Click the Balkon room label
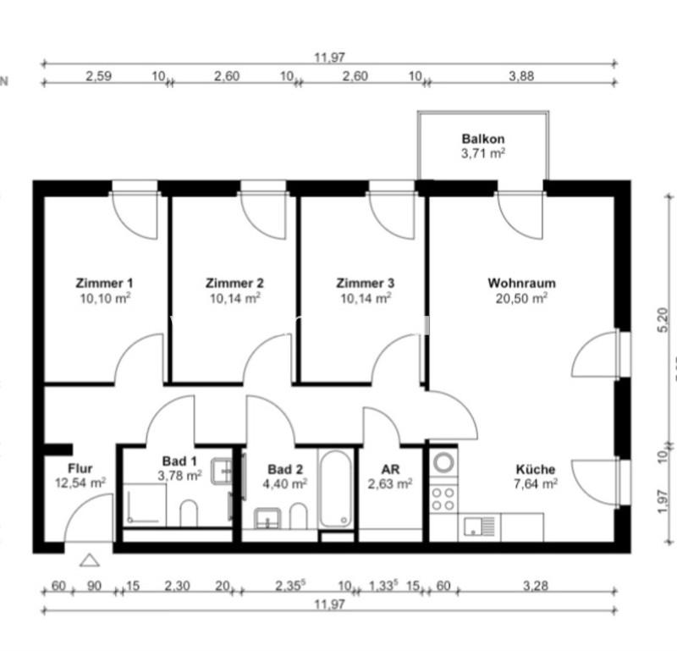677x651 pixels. pyautogui.click(x=483, y=139)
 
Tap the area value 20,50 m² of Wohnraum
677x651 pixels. pyautogui.click(x=521, y=298)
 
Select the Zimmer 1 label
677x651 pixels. pyautogui.click(x=104, y=284)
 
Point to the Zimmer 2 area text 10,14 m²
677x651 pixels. pyautogui.click(x=234, y=298)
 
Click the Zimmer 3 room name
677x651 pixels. pyautogui.click(x=365, y=284)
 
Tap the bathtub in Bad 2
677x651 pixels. pyautogui.click(x=337, y=488)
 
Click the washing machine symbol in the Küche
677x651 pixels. pyautogui.click(x=443, y=463)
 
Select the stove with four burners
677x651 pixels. pyautogui.click(x=443, y=498)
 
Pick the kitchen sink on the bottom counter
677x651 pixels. pyautogui.click(x=481, y=527)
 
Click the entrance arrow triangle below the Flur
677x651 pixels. pyautogui.click(x=89, y=560)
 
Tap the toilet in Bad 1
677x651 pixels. pyautogui.click(x=189, y=512)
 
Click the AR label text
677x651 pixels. pyautogui.click(x=390, y=469)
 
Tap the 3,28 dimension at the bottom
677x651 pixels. pyautogui.click(x=534, y=585)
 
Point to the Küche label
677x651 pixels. pyautogui.click(x=536, y=469)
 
